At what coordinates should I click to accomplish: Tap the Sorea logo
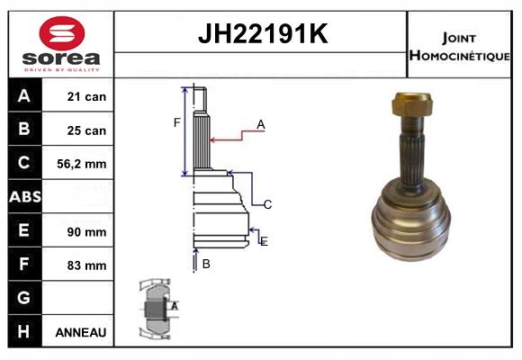[x=61, y=44]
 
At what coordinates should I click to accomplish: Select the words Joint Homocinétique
[x=461, y=45]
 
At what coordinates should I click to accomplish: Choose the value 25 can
[x=86, y=130]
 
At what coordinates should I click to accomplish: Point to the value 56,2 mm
[x=83, y=164]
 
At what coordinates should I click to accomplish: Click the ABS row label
[x=24, y=197]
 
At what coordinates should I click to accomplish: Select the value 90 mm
[x=86, y=231]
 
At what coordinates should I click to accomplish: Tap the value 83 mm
[x=86, y=265]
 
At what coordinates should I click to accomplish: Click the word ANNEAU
[x=81, y=332]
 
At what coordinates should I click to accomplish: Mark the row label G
[x=24, y=298]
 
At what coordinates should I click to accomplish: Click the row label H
[x=24, y=332]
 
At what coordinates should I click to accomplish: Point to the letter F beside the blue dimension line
[x=176, y=122]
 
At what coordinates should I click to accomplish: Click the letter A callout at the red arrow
[x=260, y=125]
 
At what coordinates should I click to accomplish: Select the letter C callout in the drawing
[x=267, y=204]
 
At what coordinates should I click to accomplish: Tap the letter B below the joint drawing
[x=206, y=264]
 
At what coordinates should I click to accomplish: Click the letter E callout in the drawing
[x=264, y=241]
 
